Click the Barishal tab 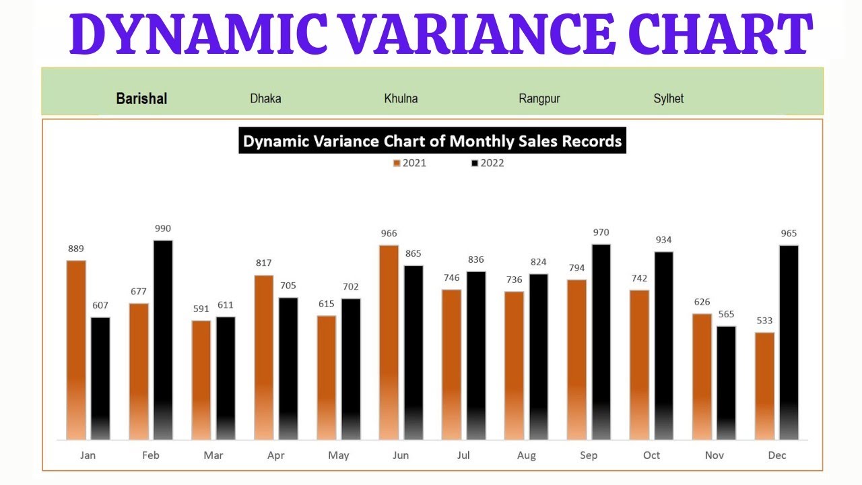pyautogui.click(x=141, y=98)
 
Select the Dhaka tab pyautogui.click(x=265, y=98)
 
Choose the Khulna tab pyautogui.click(x=401, y=98)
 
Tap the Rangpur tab pyautogui.click(x=539, y=98)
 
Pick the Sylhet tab pyautogui.click(x=668, y=98)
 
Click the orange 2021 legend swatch pyautogui.click(x=397, y=163)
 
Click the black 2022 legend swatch pyautogui.click(x=475, y=163)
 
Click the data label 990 pyautogui.click(x=163, y=228)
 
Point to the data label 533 pyautogui.click(x=764, y=321)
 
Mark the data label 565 pyautogui.click(x=726, y=314)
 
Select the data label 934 pyautogui.click(x=663, y=240)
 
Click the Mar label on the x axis pyautogui.click(x=213, y=455)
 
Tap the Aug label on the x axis pyautogui.click(x=527, y=455)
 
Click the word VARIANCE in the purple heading pyautogui.click(x=475, y=35)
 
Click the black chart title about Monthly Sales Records pyautogui.click(x=432, y=141)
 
